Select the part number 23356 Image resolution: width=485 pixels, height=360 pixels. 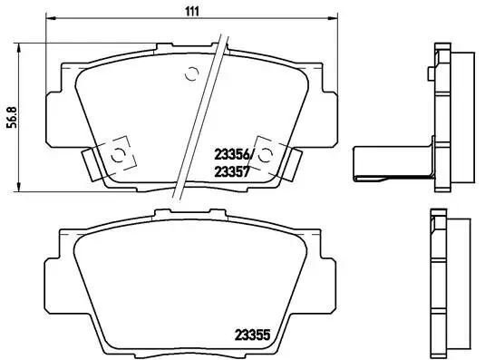[x=231, y=153]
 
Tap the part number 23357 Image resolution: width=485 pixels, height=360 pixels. [x=231, y=169]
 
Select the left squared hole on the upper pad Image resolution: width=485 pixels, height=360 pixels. [x=117, y=153]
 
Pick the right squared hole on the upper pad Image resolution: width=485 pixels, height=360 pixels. [x=265, y=152]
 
